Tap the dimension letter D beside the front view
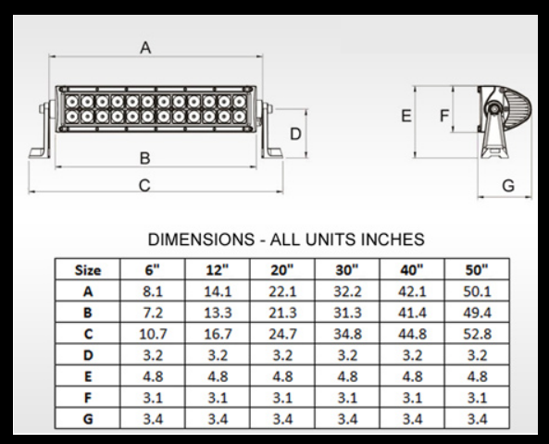[x=295, y=134]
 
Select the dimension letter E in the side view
[x=406, y=116]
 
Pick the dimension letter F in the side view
[x=444, y=116]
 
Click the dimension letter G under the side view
[x=507, y=186]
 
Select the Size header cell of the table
[x=88, y=270]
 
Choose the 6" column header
[x=152, y=270]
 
